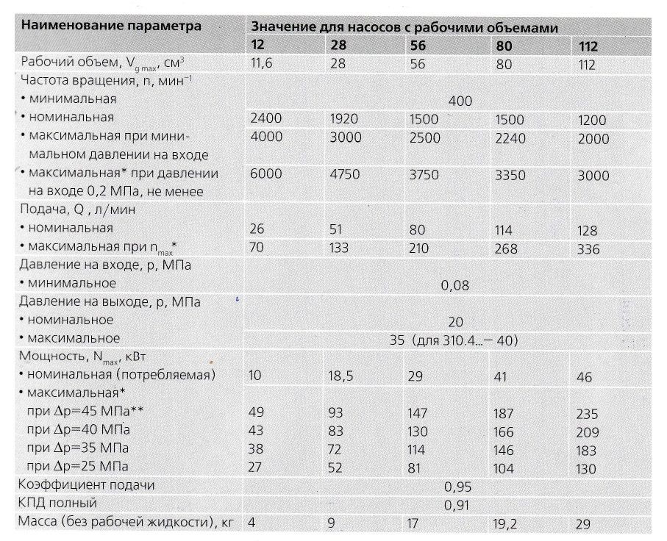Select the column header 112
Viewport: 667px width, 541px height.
point(588,46)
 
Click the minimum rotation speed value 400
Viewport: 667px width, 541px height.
point(459,101)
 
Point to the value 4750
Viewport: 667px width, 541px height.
point(343,176)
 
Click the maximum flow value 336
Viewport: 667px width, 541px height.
point(588,249)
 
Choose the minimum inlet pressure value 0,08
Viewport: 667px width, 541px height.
point(455,284)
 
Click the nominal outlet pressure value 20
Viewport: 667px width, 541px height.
point(455,321)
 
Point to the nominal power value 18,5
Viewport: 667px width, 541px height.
point(340,376)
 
